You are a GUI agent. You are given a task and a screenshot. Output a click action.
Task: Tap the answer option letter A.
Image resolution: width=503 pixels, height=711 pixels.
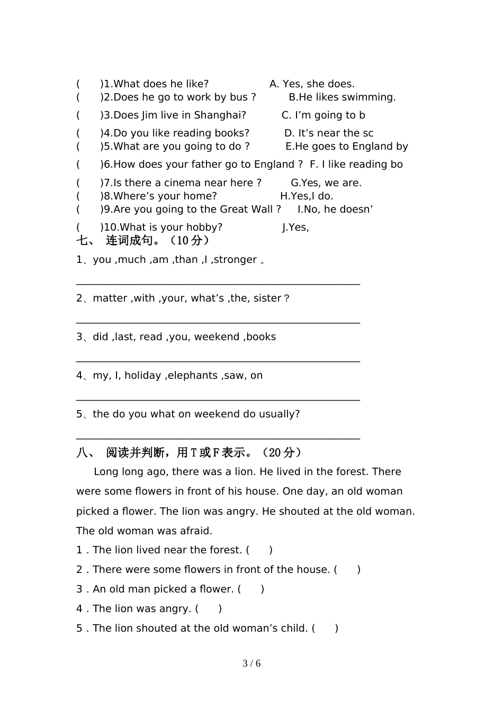click(x=274, y=84)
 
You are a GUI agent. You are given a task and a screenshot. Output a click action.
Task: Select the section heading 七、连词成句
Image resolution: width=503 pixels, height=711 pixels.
click(x=143, y=241)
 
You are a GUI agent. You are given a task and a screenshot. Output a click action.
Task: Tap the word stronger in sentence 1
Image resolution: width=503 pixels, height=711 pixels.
click(x=234, y=260)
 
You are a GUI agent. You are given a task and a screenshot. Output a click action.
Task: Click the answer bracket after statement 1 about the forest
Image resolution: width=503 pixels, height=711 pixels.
click(x=259, y=550)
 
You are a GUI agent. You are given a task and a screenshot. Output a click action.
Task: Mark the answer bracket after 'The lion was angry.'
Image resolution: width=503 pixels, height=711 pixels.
click(x=209, y=609)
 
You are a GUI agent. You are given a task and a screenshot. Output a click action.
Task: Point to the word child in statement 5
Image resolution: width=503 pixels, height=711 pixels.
click(x=293, y=628)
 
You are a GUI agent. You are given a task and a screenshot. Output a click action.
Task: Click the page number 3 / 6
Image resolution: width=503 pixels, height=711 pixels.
click(x=251, y=664)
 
